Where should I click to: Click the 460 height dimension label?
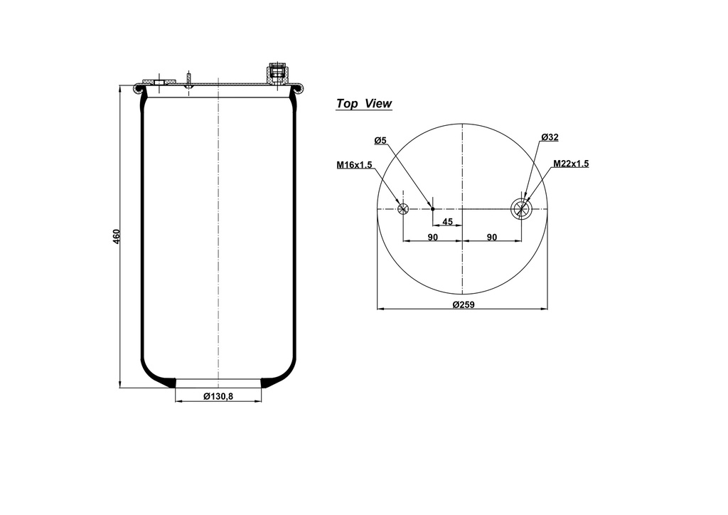coord(117,236)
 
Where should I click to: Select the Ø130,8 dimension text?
coord(218,396)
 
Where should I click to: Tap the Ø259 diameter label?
coord(463,304)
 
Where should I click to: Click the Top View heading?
coord(363,104)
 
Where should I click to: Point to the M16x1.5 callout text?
coord(354,165)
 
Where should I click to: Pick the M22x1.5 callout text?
coord(571,164)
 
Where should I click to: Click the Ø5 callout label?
coord(380,140)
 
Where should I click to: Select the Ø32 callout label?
coord(550,137)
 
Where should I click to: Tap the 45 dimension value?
coord(447,222)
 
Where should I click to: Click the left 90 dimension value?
coord(432,238)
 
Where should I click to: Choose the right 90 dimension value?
coord(491,238)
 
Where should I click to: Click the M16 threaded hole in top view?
coord(403,209)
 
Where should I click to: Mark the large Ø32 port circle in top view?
coord(521,208)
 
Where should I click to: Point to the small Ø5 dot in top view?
coord(432,208)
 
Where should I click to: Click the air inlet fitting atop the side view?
coord(277,73)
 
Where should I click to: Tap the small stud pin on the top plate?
coord(189,80)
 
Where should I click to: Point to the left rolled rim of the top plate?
coord(140,88)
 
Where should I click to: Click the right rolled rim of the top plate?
coord(298,88)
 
